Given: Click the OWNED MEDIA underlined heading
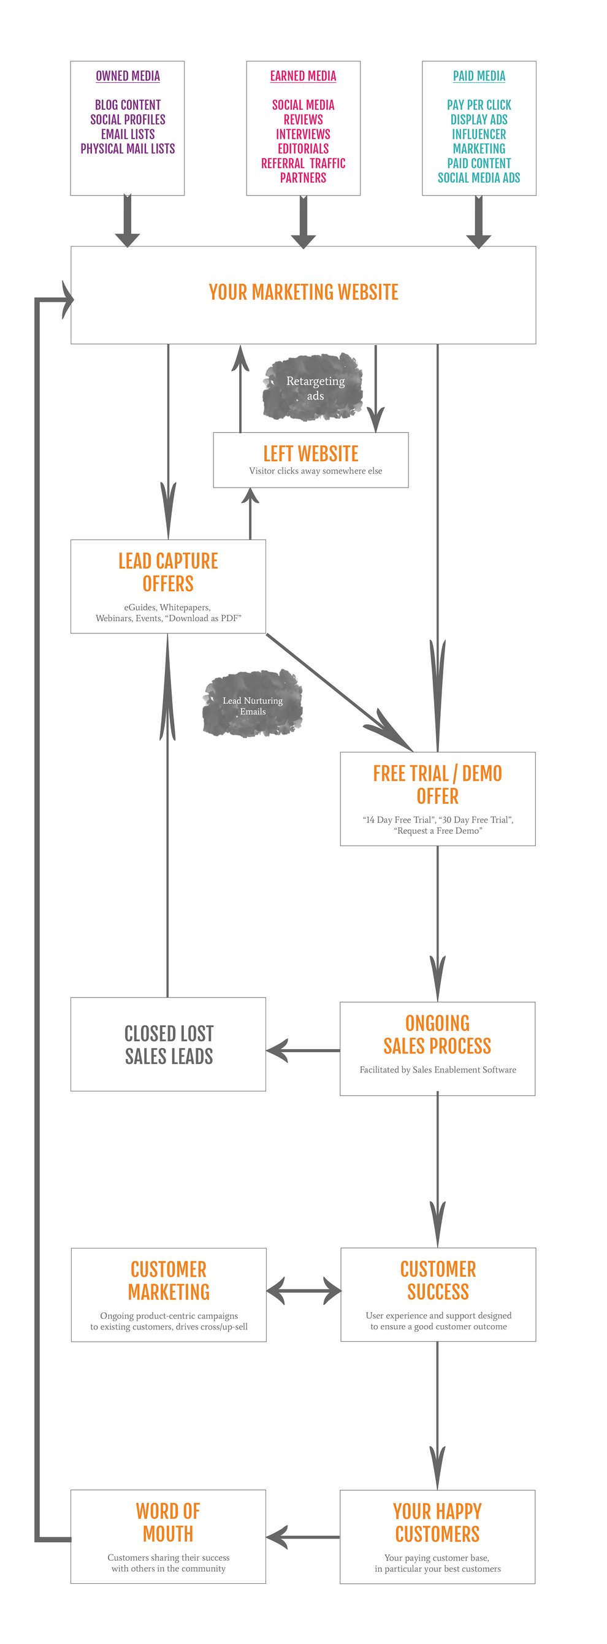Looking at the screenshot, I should pyautogui.click(x=128, y=76).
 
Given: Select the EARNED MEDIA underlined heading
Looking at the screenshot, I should pyautogui.click(x=303, y=76).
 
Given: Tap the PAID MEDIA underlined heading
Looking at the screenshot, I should pyautogui.click(x=479, y=76).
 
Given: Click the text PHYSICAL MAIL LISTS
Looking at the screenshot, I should pyautogui.click(x=128, y=148).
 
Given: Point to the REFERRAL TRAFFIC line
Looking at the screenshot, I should pyautogui.click(x=303, y=163).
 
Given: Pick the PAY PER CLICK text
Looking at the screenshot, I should pyautogui.click(x=479, y=105).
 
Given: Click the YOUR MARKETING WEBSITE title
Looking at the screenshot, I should pyautogui.click(x=303, y=292).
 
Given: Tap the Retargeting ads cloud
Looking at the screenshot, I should pyautogui.click(x=314, y=388).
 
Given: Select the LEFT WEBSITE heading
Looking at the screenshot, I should pyautogui.click(x=311, y=454).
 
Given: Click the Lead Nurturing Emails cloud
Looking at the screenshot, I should pyautogui.click(x=253, y=705).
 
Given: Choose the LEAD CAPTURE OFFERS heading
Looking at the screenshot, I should pyautogui.click(x=168, y=573).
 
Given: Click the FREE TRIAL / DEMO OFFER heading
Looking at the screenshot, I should pyautogui.click(x=437, y=785).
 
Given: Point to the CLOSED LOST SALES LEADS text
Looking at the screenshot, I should pyautogui.click(x=169, y=1045).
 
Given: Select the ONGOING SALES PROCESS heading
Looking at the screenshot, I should pyautogui.click(x=437, y=1034).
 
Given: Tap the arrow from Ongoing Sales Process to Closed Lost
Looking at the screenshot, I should pyautogui.click(x=302, y=1050).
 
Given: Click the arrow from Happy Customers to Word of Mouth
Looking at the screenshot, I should pyautogui.click(x=302, y=1537).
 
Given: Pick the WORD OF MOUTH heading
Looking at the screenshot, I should pyautogui.click(x=168, y=1523).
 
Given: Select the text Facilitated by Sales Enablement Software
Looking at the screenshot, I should pyautogui.click(x=437, y=1069).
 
